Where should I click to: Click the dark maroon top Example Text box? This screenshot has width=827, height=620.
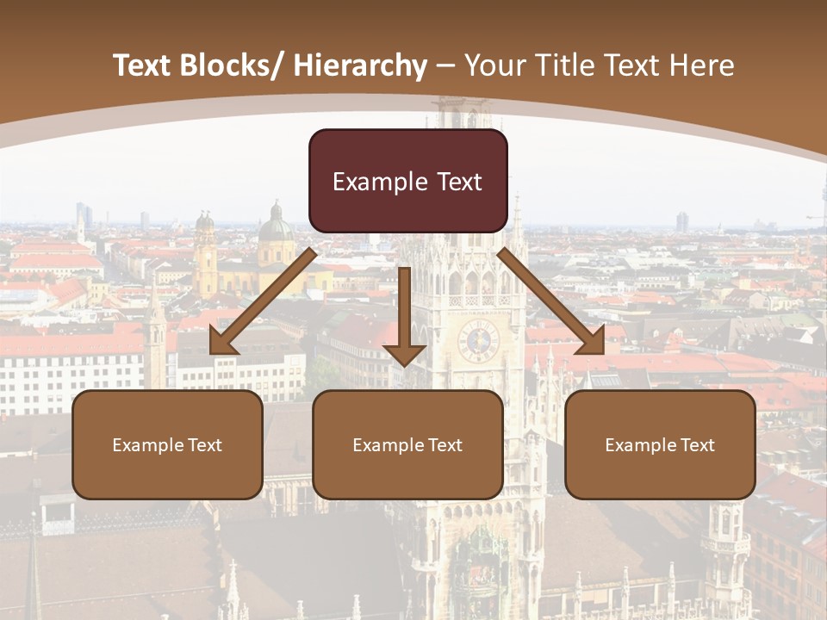coord(407,181)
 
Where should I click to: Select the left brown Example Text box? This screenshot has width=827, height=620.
coord(167,444)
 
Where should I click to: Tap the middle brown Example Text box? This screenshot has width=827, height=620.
coord(407,444)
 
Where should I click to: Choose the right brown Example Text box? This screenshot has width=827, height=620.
coord(660,444)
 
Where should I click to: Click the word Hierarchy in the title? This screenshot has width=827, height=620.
coord(360,65)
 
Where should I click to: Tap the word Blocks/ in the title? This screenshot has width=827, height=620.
coord(237,65)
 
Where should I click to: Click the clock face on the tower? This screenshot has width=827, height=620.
coord(478,341)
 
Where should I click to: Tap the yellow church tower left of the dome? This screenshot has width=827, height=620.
coord(205,254)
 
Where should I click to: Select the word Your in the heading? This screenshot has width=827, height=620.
coord(493,65)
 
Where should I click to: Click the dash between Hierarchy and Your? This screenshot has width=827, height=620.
coord(445,65)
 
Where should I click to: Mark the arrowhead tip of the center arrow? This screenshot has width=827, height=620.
coord(404,364)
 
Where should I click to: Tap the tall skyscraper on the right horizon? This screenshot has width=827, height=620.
coord(681,221)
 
